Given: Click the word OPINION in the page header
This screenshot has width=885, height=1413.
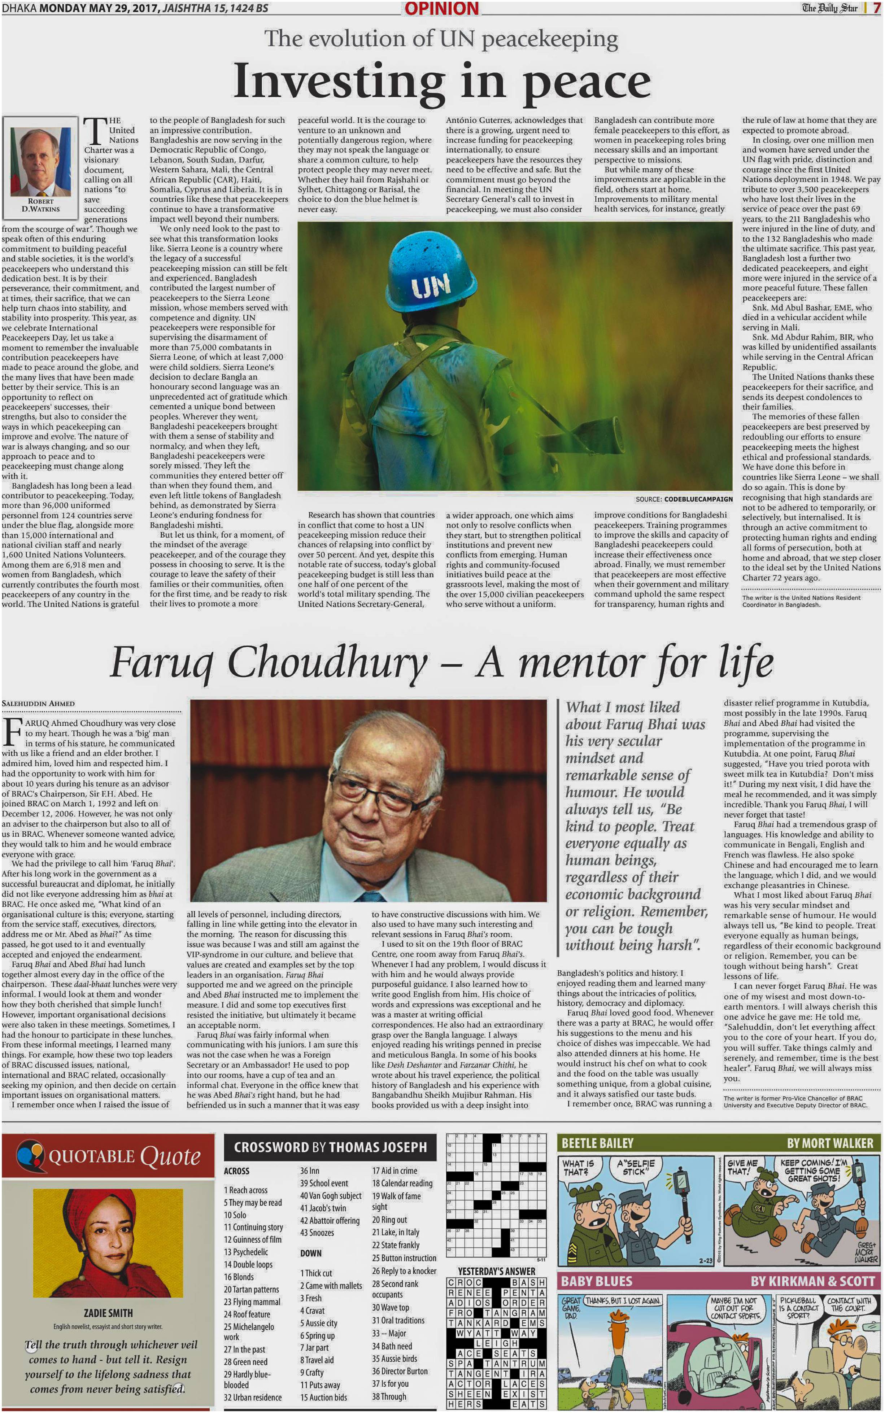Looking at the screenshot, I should [x=441, y=9].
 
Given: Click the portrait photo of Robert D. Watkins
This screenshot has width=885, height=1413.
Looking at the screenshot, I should [x=40, y=157].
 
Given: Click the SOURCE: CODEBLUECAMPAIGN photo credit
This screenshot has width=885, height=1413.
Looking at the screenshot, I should [x=684, y=499].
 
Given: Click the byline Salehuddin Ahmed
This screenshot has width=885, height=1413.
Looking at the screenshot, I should [x=38, y=703].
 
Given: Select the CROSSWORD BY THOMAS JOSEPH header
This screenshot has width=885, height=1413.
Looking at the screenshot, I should [x=330, y=1147].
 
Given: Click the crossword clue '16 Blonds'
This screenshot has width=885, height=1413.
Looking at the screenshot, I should [x=239, y=1277].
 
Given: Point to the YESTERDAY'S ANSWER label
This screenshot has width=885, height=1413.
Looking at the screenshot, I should [x=496, y=1272].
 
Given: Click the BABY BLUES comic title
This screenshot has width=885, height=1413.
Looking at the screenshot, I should [x=597, y=1281].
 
